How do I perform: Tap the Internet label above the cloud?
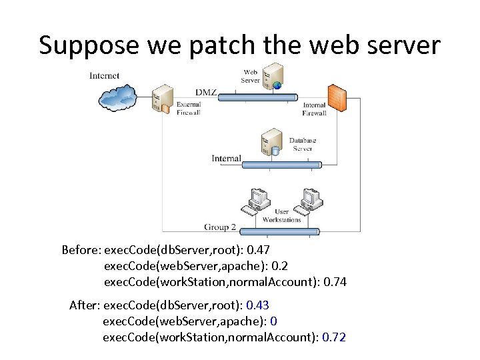[105, 75]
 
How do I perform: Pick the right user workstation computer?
[310, 199]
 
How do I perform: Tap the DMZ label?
[206, 92]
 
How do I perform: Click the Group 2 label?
[220, 227]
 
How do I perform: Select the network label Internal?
[227, 159]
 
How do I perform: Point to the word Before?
[80, 250]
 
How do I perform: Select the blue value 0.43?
[257, 305]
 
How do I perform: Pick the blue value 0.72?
[334, 337]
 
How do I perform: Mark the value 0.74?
[335, 282]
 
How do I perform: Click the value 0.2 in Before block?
[280, 266]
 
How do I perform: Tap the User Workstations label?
[282, 216]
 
